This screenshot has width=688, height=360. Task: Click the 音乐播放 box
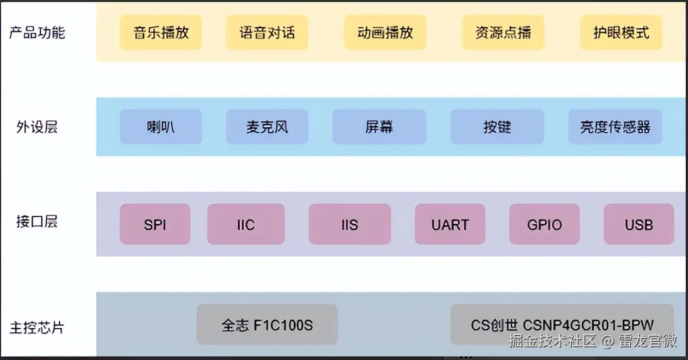click(160, 32)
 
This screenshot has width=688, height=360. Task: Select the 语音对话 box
click(267, 32)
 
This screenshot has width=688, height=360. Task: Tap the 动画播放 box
click(385, 32)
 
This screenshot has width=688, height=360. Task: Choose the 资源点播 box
click(503, 32)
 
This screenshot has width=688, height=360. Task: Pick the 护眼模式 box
click(621, 32)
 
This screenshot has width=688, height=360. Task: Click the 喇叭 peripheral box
click(160, 127)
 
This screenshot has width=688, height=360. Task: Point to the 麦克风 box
click(267, 127)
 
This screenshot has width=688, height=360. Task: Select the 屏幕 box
click(379, 127)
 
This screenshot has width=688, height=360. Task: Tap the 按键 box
click(497, 127)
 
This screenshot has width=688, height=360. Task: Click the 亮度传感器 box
click(615, 127)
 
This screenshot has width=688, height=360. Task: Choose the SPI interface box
click(155, 224)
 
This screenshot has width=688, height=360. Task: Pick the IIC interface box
click(245, 224)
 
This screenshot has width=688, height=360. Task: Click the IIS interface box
click(349, 224)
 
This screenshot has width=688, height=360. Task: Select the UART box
click(450, 224)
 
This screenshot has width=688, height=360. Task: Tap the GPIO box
click(544, 224)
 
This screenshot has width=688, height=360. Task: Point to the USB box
click(638, 224)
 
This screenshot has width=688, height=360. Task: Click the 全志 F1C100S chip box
click(267, 325)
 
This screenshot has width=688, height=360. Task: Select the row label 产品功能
click(37, 32)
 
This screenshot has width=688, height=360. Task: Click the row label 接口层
click(37, 222)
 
